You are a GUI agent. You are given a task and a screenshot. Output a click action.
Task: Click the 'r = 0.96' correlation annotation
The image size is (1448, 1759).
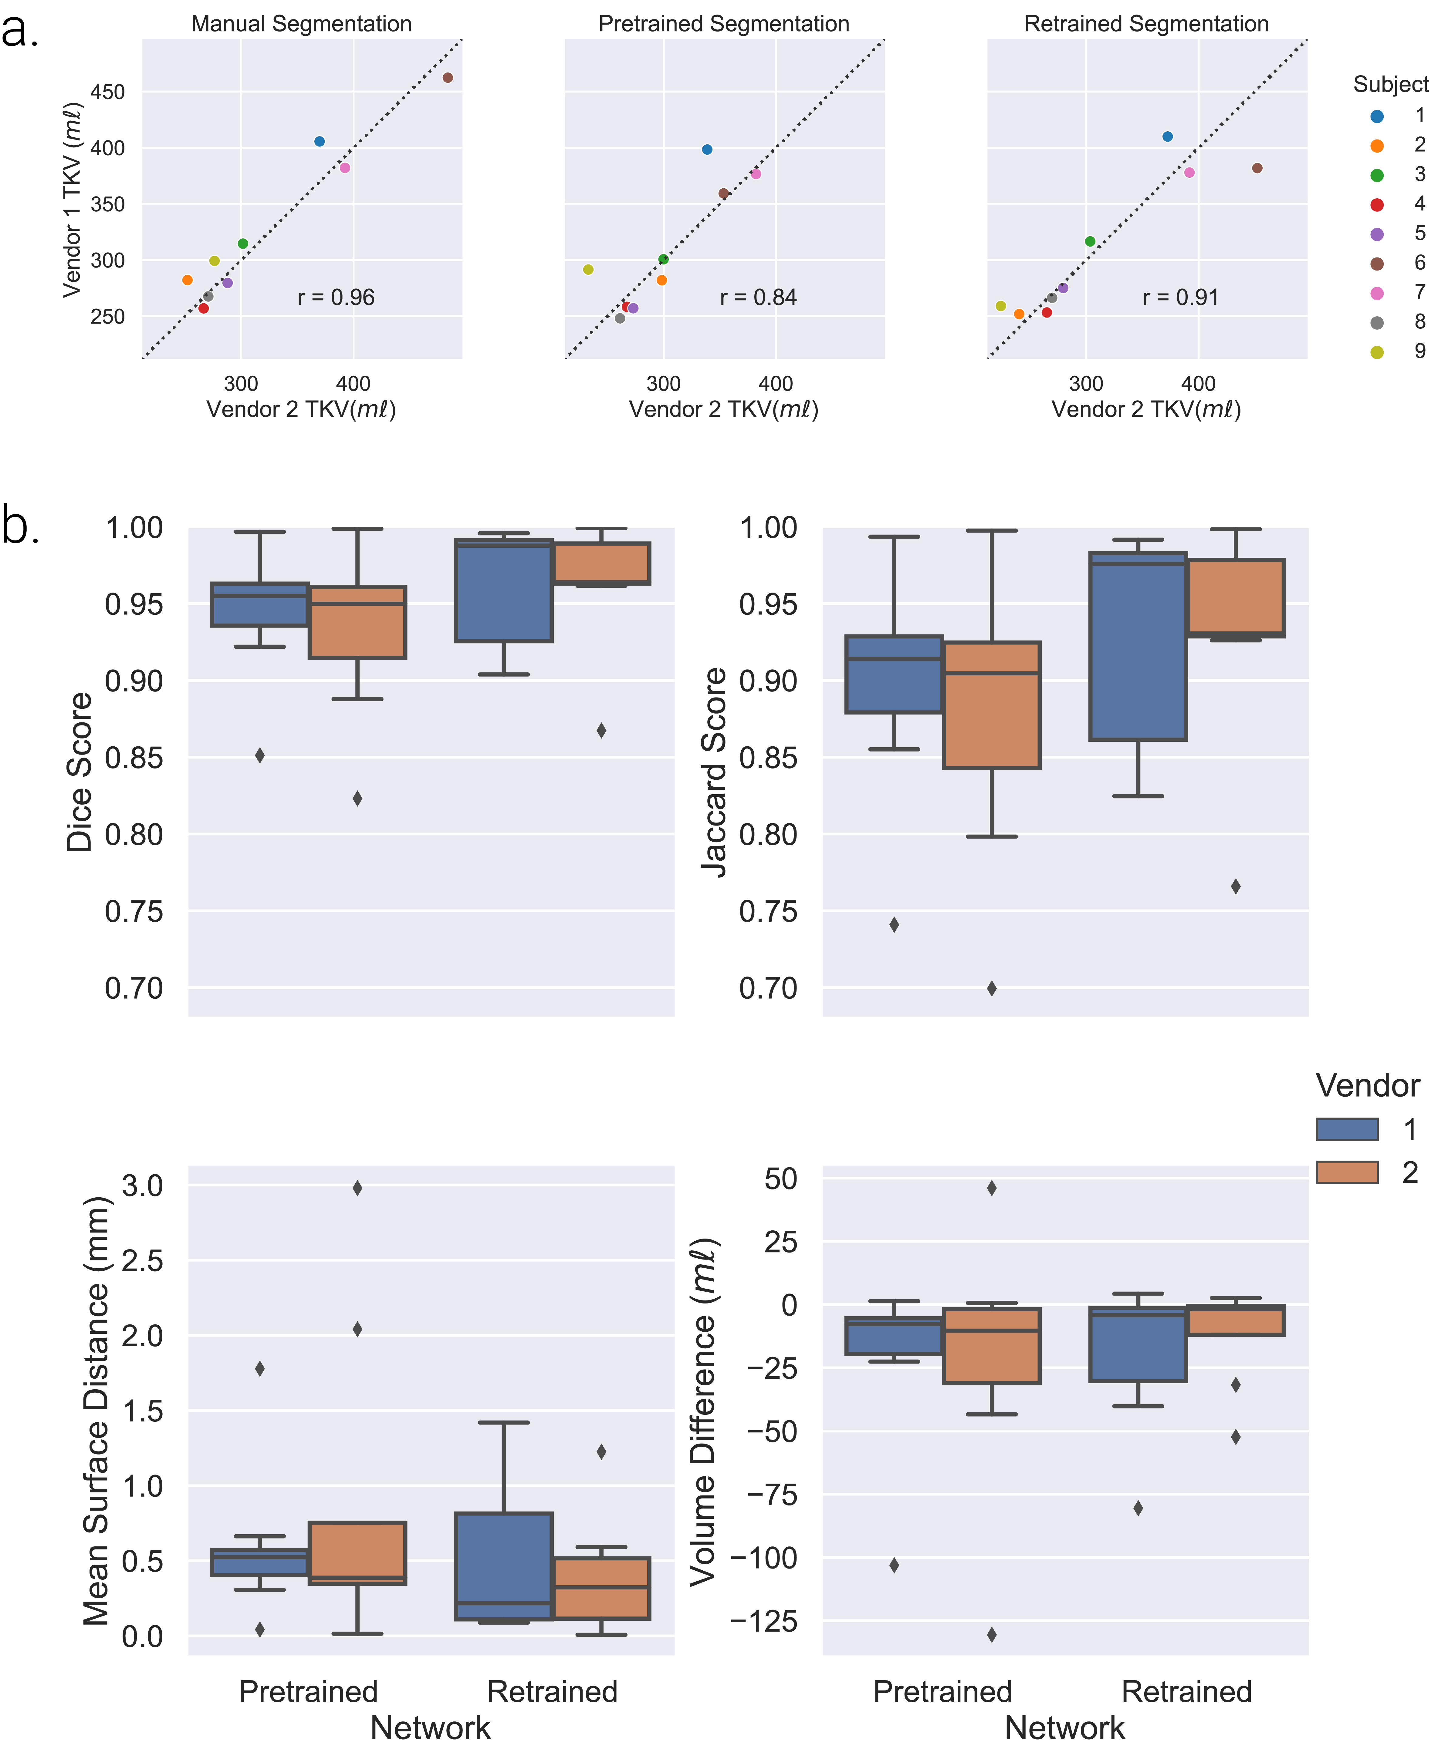[x=336, y=298]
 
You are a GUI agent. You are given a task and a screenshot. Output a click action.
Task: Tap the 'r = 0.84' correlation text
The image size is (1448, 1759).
[x=758, y=298]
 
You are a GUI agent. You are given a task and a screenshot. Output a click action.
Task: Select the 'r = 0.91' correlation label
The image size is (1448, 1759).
[x=1180, y=298]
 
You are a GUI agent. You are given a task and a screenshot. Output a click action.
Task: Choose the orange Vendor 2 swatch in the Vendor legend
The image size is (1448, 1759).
[x=1347, y=1172]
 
